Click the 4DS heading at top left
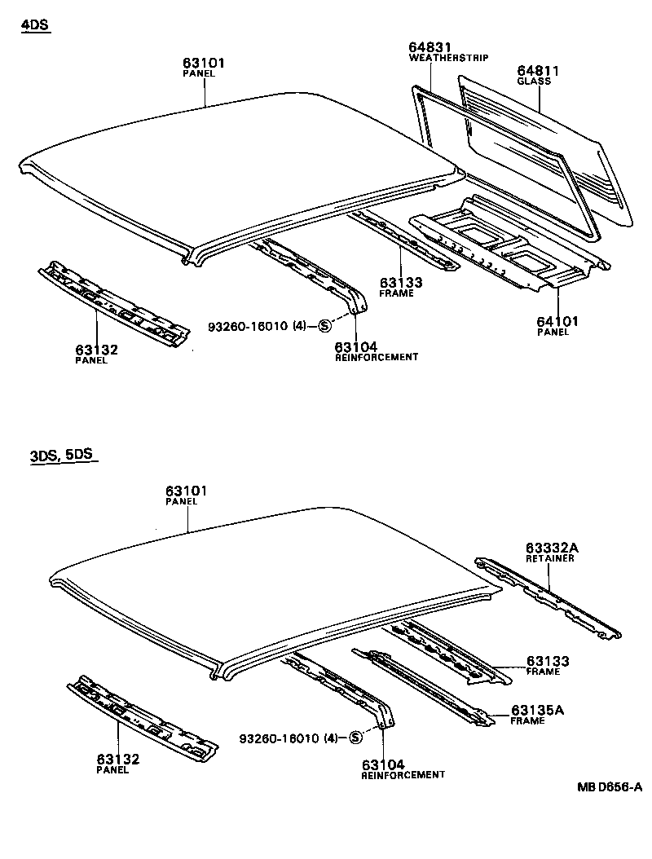coord(35,25)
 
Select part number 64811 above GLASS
coord(537,71)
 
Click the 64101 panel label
coord(557,322)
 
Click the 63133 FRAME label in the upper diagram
coord(401,283)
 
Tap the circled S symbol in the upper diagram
coord(324,326)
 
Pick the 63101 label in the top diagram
coord(203,63)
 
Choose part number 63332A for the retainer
coord(551,548)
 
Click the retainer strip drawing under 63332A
coord(550,598)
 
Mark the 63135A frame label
coord(538,710)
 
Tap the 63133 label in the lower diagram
coord(548,661)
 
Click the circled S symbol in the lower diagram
coord(355,738)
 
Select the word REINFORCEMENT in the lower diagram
coord(403,775)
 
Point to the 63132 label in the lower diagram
coord(118,760)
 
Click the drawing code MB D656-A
coord(610,787)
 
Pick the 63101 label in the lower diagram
coord(187,491)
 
